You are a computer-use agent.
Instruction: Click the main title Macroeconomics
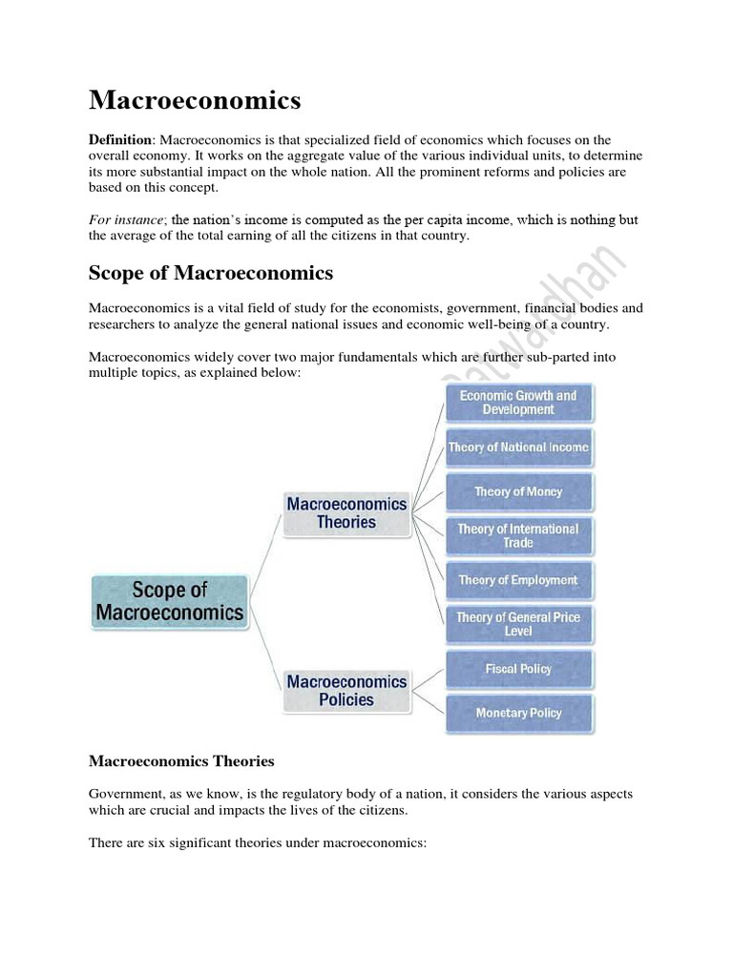(x=195, y=99)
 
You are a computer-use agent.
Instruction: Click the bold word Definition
(x=119, y=140)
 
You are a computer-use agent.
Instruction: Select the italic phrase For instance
(x=125, y=219)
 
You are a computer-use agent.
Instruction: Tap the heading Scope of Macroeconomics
(x=211, y=273)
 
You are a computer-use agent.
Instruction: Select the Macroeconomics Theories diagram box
(x=346, y=513)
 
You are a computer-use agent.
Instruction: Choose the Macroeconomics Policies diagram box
(x=346, y=690)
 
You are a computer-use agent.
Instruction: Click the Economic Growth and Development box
(x=518, y=402)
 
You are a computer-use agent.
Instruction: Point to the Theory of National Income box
(x=518, y=447)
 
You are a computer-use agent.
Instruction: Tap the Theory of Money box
(x=518, y=491)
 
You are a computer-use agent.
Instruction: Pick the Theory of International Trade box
(x=518, y=535)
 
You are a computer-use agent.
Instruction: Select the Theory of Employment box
(x=518, y=580)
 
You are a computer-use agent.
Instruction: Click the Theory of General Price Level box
(x=518, y=624)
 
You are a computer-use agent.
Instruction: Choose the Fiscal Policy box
(x=518, y=669)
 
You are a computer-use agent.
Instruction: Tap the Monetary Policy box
(x=518, y=713)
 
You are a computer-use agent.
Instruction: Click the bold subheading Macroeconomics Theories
(x=181, y=761)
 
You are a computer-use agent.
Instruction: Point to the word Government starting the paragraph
(x=123, y=794)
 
